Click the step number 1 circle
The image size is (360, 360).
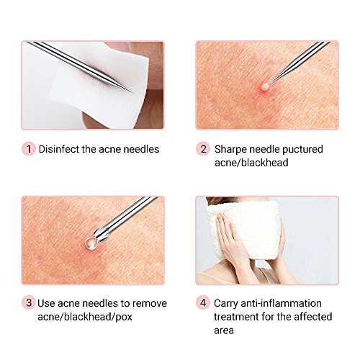pos(29,149)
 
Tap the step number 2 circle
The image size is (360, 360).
pos(203,149)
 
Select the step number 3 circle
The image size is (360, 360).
pos(29,302)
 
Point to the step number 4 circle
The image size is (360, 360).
pos(203,302)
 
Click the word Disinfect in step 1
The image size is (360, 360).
pos(59,149)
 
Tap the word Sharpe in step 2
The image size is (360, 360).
pos(230,149)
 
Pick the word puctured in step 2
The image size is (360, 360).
pos(302,149)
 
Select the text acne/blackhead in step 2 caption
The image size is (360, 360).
pos(251,163)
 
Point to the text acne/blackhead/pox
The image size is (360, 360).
pos(85,317)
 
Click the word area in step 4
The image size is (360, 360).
pos(224,330)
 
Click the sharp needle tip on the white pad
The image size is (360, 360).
pos(131,91)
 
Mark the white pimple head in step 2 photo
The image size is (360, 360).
pos(265,87)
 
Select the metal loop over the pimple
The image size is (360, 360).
pos(91,243)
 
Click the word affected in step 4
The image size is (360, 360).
pos(313,317)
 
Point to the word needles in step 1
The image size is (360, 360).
pos(141,149)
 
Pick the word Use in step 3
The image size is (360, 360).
pos(46,303)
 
